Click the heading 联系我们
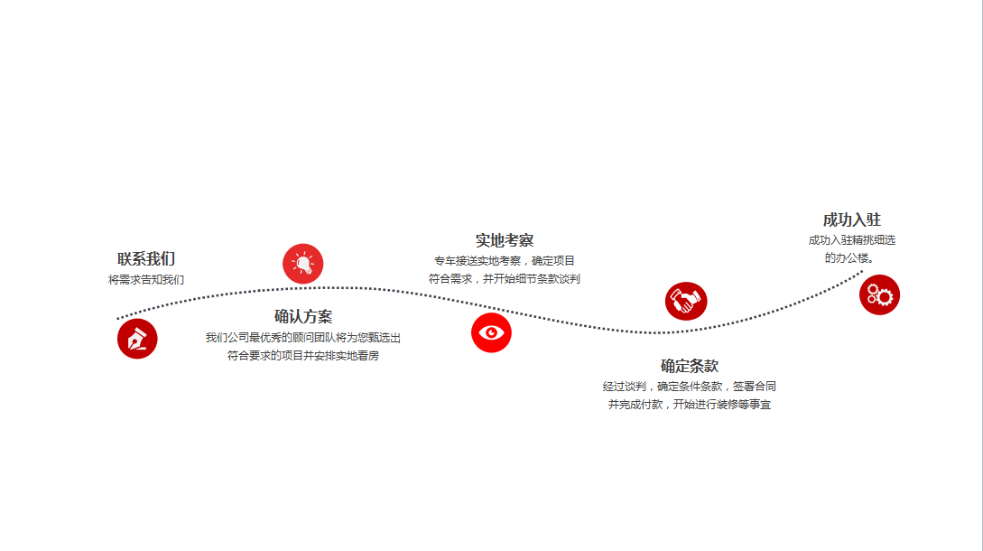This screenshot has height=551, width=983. pyautogui.click(x=146, y=258)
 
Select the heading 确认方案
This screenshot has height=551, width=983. pyautogui.click(x=302, y=316)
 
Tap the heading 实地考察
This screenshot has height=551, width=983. pyautogui.click(x=504, y=240)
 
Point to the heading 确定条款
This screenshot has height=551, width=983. pyautogui.click(x=689, y=366)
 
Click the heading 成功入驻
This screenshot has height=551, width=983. pyautogui.click(x=851, y=219)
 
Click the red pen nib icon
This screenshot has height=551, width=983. pyautogui.click(x=137, y=339)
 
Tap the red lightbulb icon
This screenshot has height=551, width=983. pyautogui.click(x=302, y=264)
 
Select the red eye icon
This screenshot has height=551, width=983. pyautogui.click(x=491, y=332)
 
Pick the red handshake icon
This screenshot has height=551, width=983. pyautogui.click(x=686, y=301)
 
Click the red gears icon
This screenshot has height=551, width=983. pyautogui.click(x=879, y=295)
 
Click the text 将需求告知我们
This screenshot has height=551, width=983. pyautogui.click(x=146, y=280)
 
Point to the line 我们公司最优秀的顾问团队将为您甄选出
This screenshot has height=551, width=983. pyautogui.click(x=302, y=338)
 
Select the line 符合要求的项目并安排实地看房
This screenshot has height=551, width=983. pyautogui.click(x=302, y=356)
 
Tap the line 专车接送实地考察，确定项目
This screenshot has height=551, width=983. pyautogui.click(x=504, y=260)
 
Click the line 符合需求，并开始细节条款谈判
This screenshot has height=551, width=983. pyautogui.click(x=504, y=278)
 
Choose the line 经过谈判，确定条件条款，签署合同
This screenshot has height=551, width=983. pyautogui.click(x=689, y=386)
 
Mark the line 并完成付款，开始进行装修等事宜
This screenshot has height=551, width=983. pyautogui.click(x=689, y=404)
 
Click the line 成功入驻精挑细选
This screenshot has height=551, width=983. pyautogui.click(x=851, y=239)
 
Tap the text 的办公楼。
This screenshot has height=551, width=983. pyautogui.click(x=849, y=258)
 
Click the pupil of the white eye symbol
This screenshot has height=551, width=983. pyautogui.click(x=491, y=332)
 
